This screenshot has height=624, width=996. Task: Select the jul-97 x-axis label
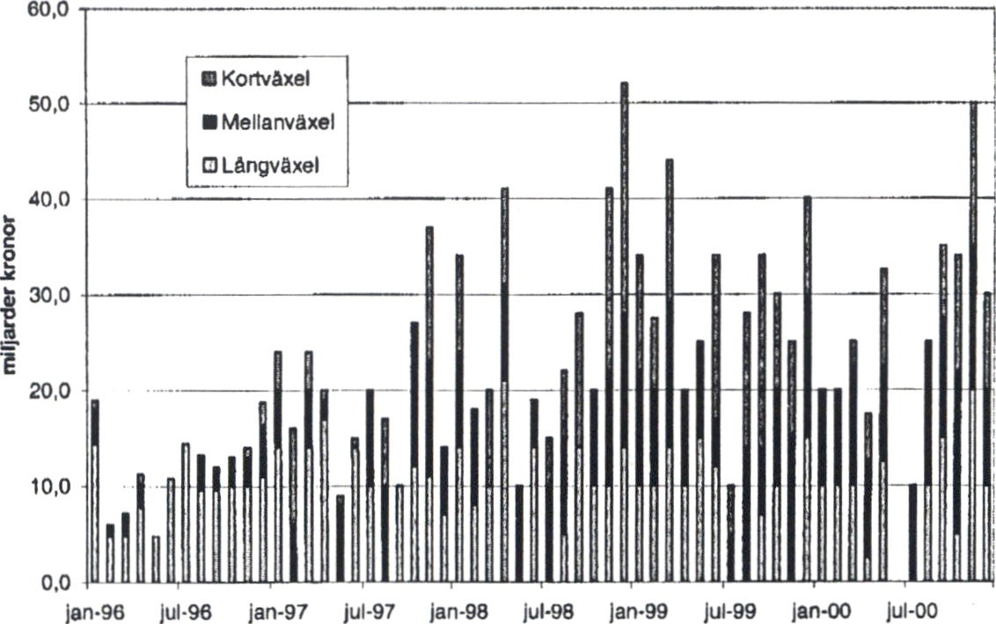364,609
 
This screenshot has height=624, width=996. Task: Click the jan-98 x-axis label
455,609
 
